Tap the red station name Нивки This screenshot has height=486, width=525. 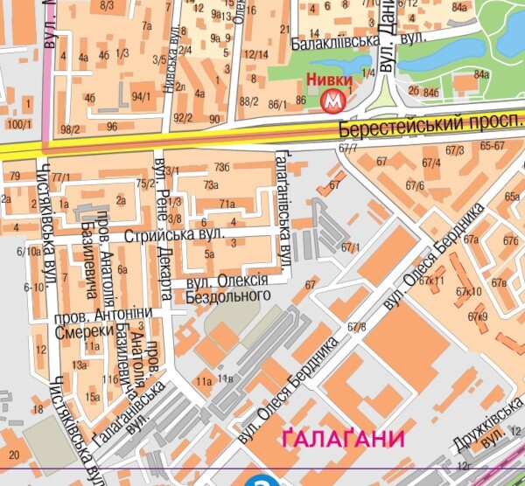tap(330, 81)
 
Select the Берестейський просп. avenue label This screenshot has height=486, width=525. tap(429, 128)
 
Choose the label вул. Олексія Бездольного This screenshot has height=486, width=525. tap(229, 289)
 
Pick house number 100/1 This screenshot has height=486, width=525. tap(17, 124)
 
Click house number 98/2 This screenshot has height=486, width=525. tap(71, 129)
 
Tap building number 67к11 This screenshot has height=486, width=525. tap(431, 281)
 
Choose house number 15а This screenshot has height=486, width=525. tap(93, 397)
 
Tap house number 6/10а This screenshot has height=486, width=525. tap(28, 252)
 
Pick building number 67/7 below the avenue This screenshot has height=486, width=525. tap(346, 148)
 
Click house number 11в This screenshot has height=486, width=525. tap(226, 378)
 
